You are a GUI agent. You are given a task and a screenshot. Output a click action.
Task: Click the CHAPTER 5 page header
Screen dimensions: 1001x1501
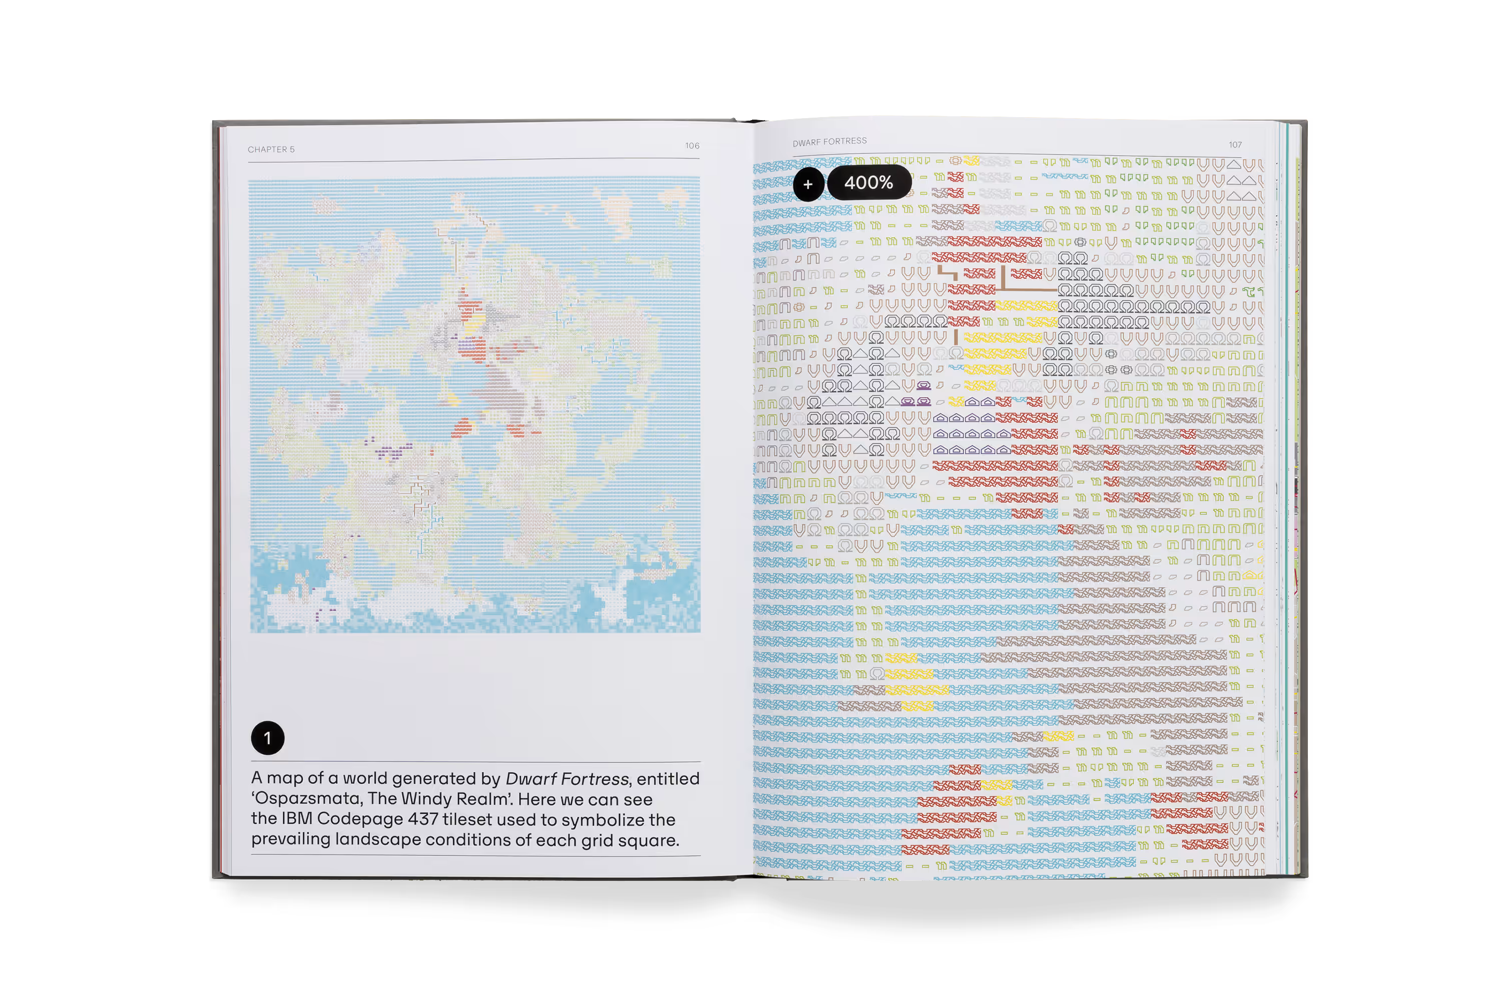[271, 149]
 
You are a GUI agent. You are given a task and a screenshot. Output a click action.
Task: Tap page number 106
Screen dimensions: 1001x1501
[692, 146]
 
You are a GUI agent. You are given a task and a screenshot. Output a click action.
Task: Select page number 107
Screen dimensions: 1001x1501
[1235, 145]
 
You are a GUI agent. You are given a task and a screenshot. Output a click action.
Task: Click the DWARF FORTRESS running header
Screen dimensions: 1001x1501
[829, 142]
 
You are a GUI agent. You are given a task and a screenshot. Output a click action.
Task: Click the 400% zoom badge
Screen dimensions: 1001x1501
[869, 183]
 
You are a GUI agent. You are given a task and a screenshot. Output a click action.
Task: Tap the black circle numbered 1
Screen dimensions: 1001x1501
[267, 738]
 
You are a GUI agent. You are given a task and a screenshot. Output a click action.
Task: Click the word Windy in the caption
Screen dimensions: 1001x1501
[430, 799]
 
